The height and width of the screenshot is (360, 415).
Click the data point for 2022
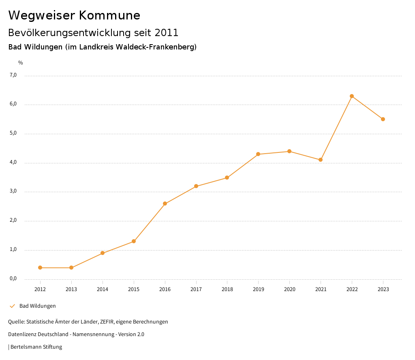click(x=352, y=96)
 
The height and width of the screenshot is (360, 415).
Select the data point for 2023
click(x=383, y=119)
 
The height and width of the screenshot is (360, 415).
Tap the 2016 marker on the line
click(x=165, y=204)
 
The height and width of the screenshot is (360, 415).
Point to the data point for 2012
click(x=40, y=268)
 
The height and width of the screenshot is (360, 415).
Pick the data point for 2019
click(x=258, y=154)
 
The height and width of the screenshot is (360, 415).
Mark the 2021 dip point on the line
click(x=321, y=160)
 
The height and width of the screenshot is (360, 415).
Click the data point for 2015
click(x=134, y=241)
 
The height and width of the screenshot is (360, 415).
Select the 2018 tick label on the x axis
click(x=227, y=289)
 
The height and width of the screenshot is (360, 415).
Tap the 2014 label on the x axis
click(x=103, y=289)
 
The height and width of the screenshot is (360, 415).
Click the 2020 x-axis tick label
click(x=289, y=289)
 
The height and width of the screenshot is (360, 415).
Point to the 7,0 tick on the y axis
click(x=13, y=75)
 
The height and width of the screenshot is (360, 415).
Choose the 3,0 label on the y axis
click(x=13, y=191)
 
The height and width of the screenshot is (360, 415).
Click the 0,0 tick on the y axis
click(x=13, y=279)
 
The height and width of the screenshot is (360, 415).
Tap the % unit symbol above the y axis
click(x=21, y=63)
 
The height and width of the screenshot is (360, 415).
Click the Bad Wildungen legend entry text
click(x=38, y=306)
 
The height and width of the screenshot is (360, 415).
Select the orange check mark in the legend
click(x=12, y=306)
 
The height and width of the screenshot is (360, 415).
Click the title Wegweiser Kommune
click(x=74, y=15)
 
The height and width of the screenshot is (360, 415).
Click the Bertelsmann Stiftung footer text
click(x=36, y=347)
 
